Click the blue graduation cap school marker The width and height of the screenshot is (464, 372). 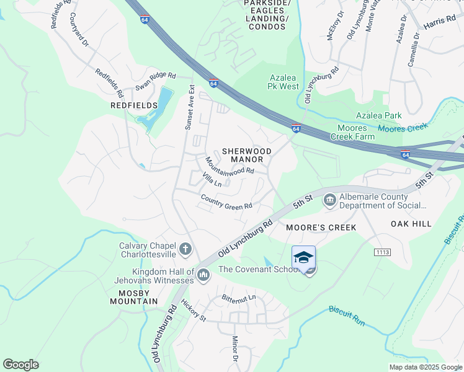(303, 258)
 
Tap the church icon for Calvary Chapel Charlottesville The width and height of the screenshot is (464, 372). (185, 250)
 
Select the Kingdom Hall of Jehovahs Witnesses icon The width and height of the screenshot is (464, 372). (203, 273)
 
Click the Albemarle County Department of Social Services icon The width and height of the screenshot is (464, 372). (329, 200)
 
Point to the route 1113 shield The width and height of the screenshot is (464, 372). (381, 252)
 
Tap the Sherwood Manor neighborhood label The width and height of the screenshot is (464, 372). (247, 155)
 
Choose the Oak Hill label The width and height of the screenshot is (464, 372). (411, 223)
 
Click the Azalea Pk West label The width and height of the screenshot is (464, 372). (284, 82)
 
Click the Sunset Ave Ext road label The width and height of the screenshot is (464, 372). (189, 107)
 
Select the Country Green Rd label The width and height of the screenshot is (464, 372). (226, 201)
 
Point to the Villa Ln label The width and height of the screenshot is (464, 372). (212, 180)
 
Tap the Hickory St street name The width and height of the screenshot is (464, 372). (194, 310)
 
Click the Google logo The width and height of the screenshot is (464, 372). (21, 365)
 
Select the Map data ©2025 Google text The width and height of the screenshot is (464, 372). (426, 367)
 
